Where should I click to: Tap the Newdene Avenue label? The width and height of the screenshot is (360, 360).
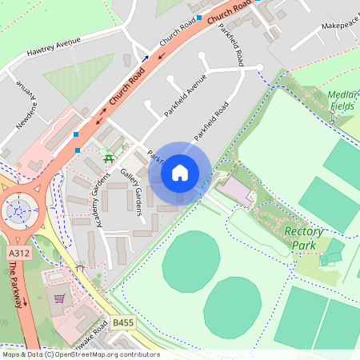coord(29,107)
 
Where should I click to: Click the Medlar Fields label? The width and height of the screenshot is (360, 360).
coord(342,100)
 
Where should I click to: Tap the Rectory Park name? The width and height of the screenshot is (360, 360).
coord(304,238)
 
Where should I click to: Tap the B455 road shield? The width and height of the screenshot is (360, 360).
coord(122,322)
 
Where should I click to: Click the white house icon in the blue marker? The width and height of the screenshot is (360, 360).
coord(180,172)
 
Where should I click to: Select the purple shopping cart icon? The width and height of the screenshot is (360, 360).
coord(59,298)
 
